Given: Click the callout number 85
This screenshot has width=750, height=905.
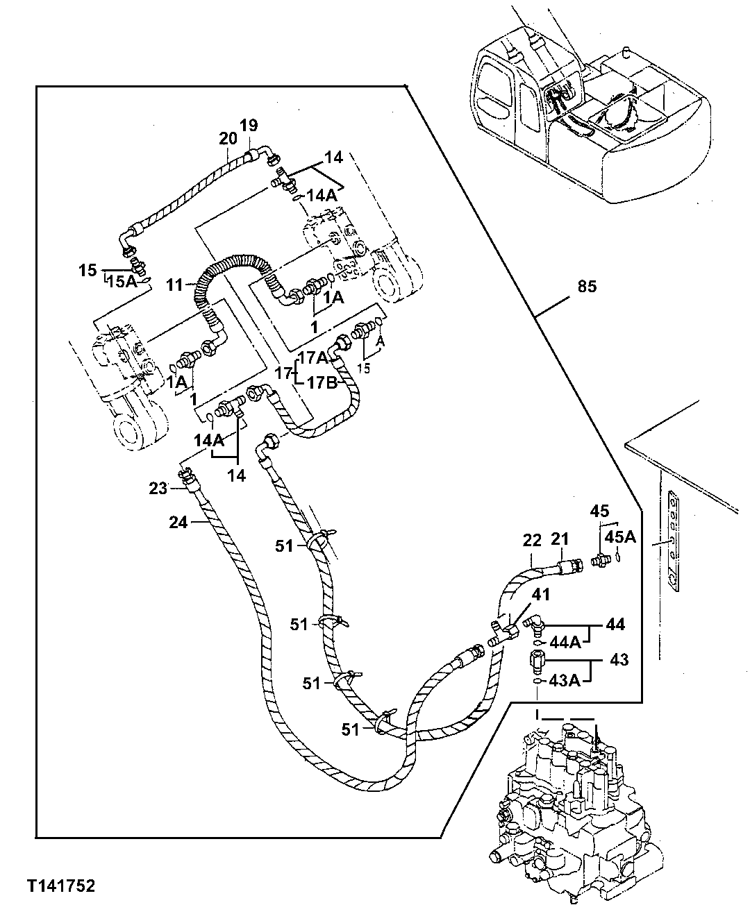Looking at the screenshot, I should [x=587, y=286].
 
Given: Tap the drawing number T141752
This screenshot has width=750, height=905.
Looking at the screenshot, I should [x=61, y=886].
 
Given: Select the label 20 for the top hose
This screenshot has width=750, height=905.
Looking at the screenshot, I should [x=228, y=138].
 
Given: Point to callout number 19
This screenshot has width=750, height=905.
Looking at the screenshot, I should [x=249, y=126].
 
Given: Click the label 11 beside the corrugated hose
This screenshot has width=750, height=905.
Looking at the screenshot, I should [x=175, y=285].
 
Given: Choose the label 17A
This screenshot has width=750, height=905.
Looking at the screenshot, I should [x=312, y=358].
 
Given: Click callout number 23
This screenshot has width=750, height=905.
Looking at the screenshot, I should [x=158, y=489].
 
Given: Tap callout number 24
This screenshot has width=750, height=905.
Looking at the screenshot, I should [x=178, y=522].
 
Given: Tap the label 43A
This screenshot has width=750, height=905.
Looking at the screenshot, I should [x=564, y=681].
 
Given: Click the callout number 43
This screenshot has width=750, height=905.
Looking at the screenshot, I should [x=618, y=659].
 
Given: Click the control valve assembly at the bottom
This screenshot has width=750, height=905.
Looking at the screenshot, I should [x=569, y=805].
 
